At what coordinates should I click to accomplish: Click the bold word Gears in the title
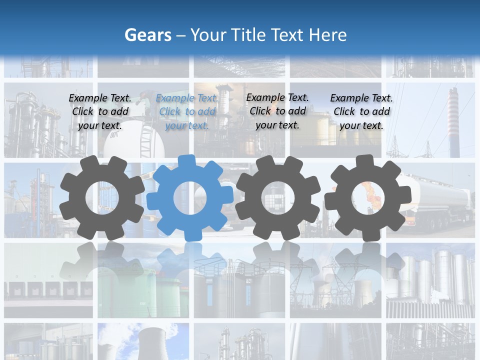pos(147,35)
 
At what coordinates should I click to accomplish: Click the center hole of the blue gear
pos(190,198)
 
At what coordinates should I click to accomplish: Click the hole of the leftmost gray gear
pos(101,198)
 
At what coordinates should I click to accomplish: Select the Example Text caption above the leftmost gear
pos(100,111)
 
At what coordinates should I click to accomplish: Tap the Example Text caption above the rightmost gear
pos(361,111)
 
